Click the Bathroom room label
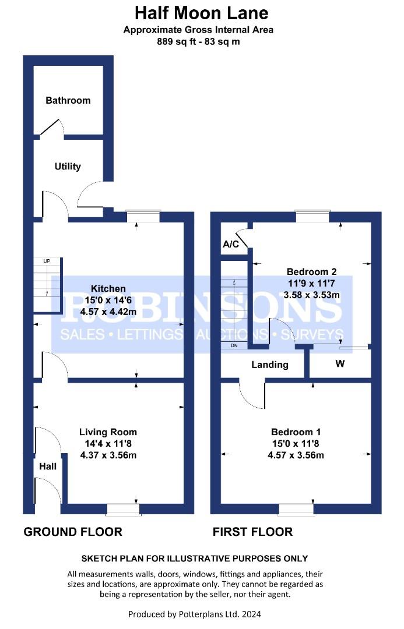point(68,100)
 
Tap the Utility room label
point(68,166)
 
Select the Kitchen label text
point(108,288)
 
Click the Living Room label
point(108,432)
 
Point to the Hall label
point(48,466)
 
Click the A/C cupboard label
point(230,244)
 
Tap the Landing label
point(270,365)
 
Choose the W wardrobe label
point(340,363)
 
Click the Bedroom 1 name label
point(296,432)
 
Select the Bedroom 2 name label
point(312,271)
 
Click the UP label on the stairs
point(47,261)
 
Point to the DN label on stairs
point(234,345)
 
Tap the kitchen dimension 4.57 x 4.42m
point(108,312)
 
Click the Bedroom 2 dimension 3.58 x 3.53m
point(312,295)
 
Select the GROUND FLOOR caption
point(73,532)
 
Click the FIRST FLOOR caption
point(252,532)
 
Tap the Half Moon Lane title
point(202,13)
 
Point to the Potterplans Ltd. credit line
point(194,614)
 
